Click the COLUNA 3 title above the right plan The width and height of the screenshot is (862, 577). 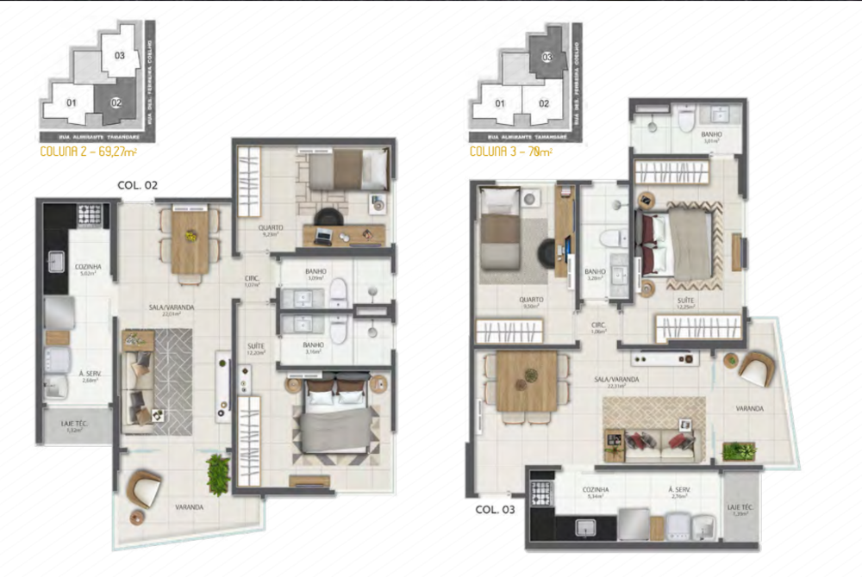pos(510,152)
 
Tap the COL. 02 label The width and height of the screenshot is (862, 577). pos(137,184)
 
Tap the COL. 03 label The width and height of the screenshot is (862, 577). pos(495,509)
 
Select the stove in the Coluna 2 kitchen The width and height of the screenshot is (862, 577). pos(90,214)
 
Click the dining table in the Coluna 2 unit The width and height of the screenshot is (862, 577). pos(190,242)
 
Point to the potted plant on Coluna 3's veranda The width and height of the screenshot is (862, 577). pos(738,450)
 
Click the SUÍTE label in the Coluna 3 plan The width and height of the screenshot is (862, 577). pos(686,301)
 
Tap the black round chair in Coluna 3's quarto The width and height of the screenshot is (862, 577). pos(549,252)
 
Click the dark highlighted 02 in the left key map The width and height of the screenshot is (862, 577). pos(115,102)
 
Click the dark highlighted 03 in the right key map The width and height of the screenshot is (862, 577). pos(547,57)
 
